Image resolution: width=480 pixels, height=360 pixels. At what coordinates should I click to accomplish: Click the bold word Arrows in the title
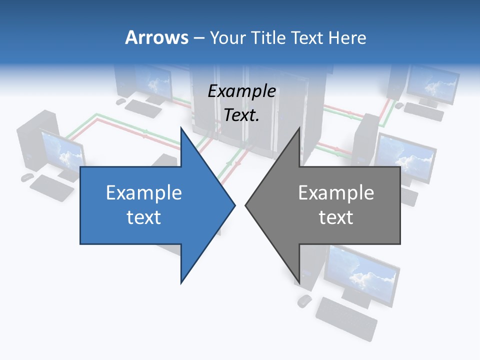click(x=156, y=37)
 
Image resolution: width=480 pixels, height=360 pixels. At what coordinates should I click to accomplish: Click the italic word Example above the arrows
click(x=241, y=91)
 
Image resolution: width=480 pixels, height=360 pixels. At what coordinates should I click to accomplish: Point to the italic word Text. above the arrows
click(x=241, y=115)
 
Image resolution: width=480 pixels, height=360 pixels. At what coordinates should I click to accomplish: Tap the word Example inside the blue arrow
click(x=144, y=193)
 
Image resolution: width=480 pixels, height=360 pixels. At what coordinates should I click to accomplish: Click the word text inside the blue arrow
click(x=144, y=217)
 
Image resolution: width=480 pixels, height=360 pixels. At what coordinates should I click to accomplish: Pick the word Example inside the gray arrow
click(x=336, y=193)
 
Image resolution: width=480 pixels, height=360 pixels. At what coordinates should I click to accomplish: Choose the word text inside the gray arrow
click(x=336, y=217)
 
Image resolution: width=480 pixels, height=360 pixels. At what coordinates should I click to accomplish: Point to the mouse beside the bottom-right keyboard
click(x=304, y=300)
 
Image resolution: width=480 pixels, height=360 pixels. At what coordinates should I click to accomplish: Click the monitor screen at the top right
click(x=433, y=82)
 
